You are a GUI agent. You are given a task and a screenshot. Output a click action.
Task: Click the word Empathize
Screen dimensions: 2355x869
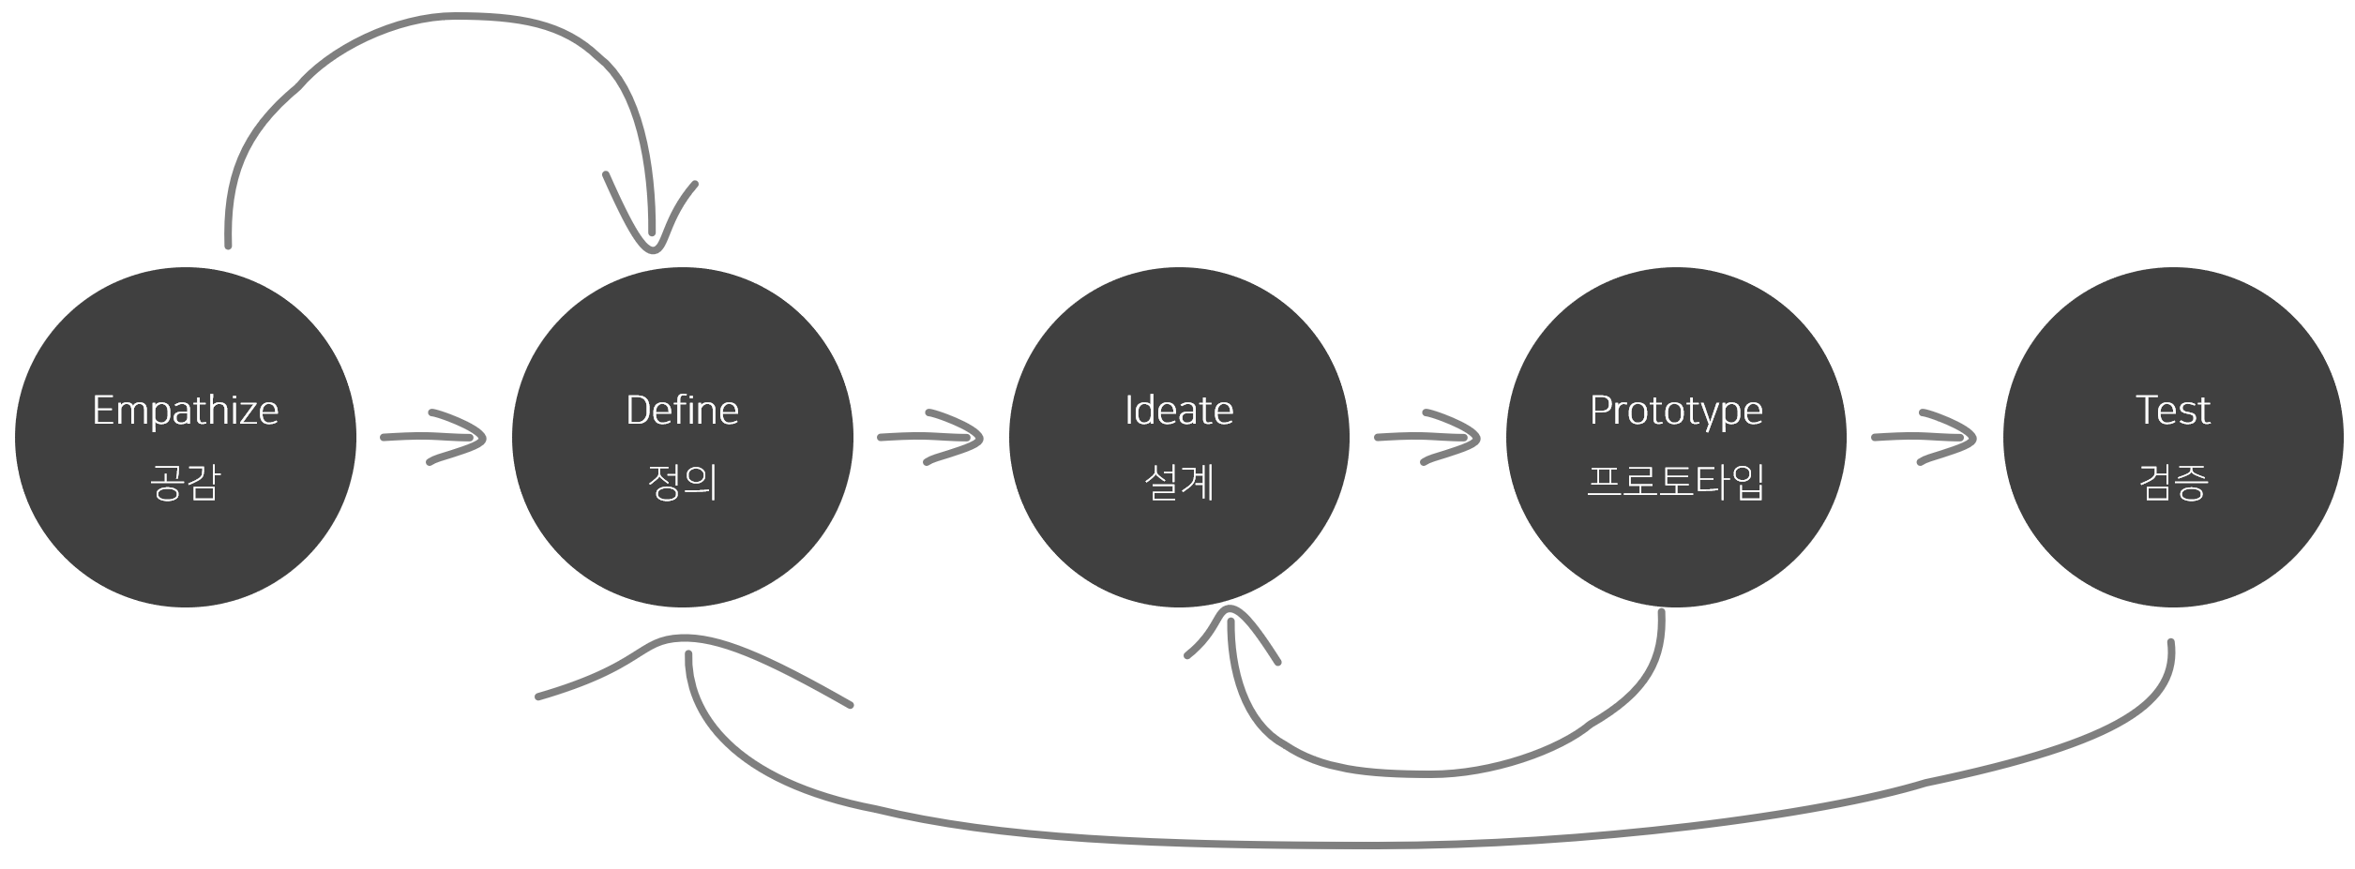[186, 411]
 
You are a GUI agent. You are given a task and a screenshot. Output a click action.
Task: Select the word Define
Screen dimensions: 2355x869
[682, 411]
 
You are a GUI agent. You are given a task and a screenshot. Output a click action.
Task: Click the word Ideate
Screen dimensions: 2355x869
[1179, 411]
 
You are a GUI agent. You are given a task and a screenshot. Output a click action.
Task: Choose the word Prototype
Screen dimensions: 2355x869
[1676, 411]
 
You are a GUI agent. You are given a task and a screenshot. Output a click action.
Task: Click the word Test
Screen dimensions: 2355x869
[2172, 411]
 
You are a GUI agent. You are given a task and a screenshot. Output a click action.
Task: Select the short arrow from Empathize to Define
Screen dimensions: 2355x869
[434, 437]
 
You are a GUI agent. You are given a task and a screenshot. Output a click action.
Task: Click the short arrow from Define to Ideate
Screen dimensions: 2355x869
[930, 437]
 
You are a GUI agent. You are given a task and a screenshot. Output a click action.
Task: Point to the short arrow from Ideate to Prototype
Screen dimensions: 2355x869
[1427, 437]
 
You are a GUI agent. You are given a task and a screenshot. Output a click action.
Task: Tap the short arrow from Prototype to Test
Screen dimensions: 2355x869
[1925, 437]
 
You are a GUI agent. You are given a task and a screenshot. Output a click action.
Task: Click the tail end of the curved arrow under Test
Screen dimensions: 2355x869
[2170, 645]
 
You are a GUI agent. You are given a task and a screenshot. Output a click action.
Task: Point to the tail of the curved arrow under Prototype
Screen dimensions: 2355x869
[1661, 614]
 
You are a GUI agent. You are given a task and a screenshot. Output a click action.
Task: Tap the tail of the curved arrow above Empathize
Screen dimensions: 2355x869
[228, 244]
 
